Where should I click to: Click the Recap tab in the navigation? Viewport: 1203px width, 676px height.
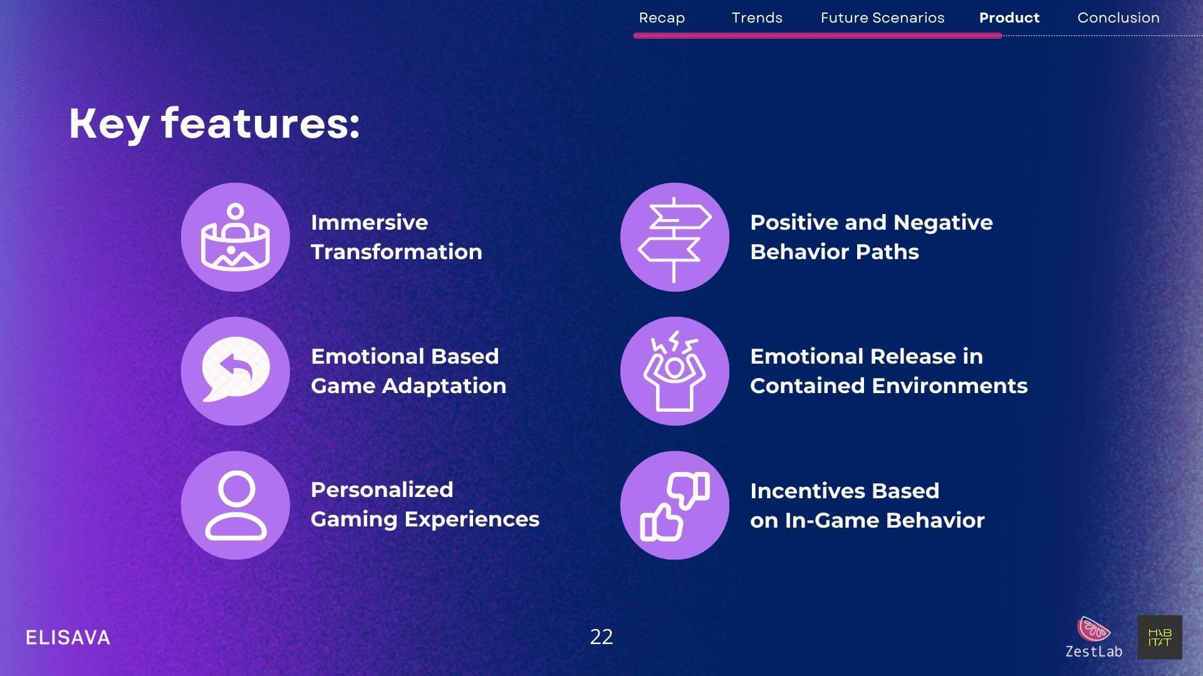click(662, 18)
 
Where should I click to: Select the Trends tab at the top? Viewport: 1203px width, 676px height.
click(757, 18)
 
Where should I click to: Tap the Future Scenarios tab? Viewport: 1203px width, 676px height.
click(882, 18)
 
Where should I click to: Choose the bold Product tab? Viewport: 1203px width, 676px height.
click(1009, 18)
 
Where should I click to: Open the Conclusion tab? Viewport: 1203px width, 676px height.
click(1118, 18)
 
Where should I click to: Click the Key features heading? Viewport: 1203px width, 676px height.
click(214, 123)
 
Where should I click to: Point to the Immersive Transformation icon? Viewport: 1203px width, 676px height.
click(236, 237)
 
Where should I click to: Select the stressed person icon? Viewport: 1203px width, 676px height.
click(675, 371)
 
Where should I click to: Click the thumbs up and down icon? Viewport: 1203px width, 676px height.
click(675, 505)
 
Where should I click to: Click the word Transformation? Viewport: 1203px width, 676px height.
click(397, 252)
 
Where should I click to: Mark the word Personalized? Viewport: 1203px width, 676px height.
click(382, 489)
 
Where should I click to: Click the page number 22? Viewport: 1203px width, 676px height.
click(601, 637)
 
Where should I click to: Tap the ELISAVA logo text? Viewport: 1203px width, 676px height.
click(68, 638)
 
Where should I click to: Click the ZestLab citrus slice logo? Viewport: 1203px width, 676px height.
click(1093, 629)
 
